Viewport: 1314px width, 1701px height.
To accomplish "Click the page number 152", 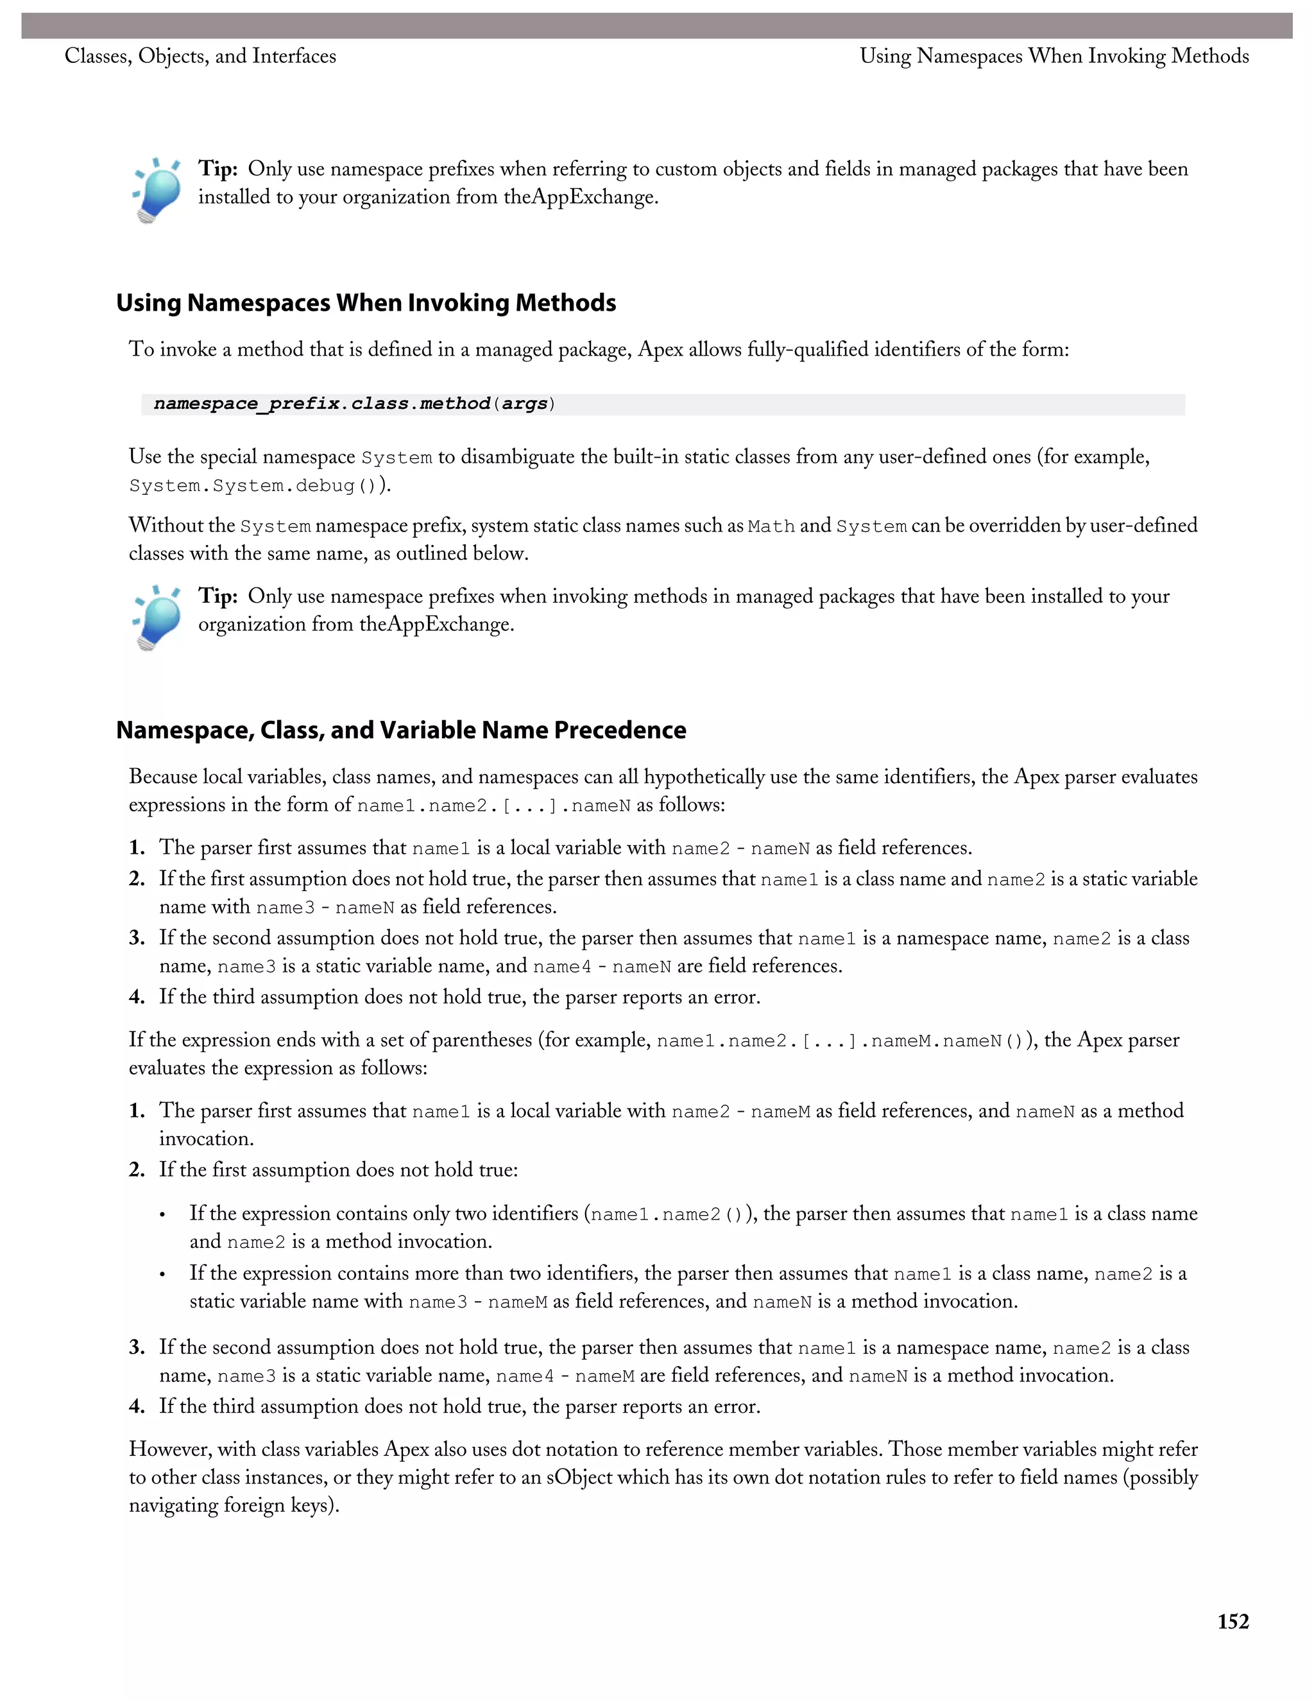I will pos(1233,1621).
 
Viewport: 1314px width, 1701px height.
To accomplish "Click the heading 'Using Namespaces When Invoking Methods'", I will pos(366,302).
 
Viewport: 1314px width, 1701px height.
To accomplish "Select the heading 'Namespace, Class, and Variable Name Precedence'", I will pos(401,730).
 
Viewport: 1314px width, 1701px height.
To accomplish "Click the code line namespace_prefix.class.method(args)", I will pos(354,404).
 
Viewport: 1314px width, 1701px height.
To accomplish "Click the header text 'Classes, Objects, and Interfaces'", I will pos(200,56).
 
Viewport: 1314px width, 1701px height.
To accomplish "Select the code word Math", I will pos(771,526).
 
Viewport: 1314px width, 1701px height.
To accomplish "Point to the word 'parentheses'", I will pos(482,1040).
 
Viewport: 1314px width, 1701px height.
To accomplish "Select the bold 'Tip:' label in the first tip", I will pos(218,169).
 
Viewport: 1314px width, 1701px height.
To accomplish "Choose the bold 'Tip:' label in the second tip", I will pos(218,596).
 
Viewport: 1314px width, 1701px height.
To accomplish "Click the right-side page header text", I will pos(1054,56).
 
